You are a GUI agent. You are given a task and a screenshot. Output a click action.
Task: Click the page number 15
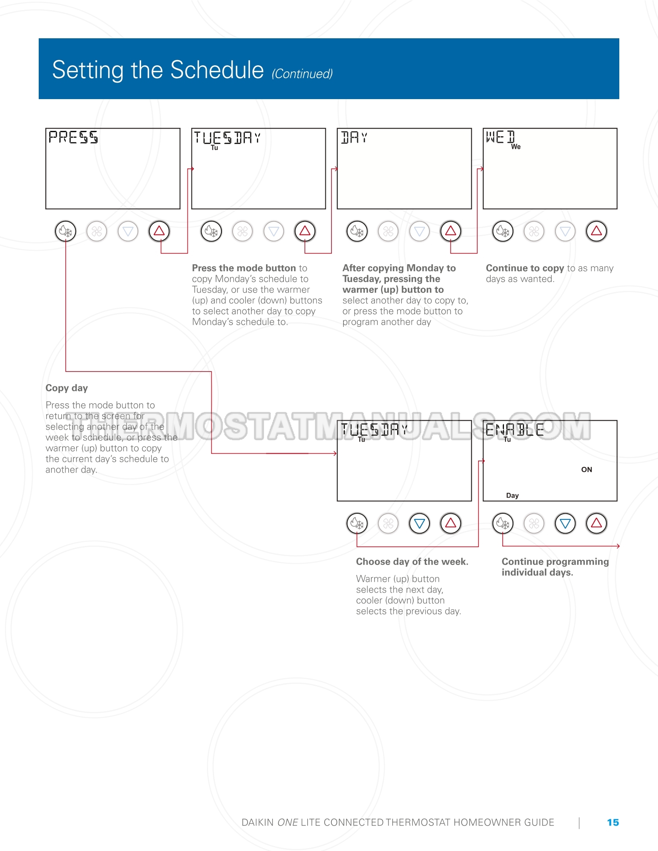(x=613, y=822)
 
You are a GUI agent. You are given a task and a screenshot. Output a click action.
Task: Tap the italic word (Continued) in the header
(x=302, y=74)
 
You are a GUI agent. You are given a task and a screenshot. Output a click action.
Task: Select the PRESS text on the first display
(x=73, y=137)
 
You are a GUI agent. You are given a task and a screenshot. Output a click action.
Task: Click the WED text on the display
(x=500, y=137)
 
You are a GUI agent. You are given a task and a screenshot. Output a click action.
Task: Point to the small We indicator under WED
(x=516, y=147)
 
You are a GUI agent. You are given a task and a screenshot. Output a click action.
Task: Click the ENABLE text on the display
(x=515, y=430)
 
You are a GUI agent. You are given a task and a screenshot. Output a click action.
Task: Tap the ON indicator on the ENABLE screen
(x=587, y=469)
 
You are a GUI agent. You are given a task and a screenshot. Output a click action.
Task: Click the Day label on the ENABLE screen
(x=512, y=495)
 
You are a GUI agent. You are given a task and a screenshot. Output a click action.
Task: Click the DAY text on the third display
(x=354, y=137)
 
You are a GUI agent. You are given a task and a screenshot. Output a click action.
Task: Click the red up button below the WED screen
(x=596, y=231)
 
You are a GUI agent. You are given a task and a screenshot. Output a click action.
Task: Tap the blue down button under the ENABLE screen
(x=565, y=523)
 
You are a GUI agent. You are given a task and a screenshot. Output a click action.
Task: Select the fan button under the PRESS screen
(x=97, y=231)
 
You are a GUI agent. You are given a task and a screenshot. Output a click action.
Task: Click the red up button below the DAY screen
(x=450, y=231)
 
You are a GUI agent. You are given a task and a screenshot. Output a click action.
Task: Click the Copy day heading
(x=67, y=388)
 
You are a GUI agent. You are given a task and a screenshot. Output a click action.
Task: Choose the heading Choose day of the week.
(x=412, y=562)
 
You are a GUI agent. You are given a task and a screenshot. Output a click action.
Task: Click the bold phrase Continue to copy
(x=525, y=268)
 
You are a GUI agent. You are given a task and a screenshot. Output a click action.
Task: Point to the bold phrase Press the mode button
(x=244, y=268)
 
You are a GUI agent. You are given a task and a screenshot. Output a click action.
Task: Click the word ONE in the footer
(x=288, y=822)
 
